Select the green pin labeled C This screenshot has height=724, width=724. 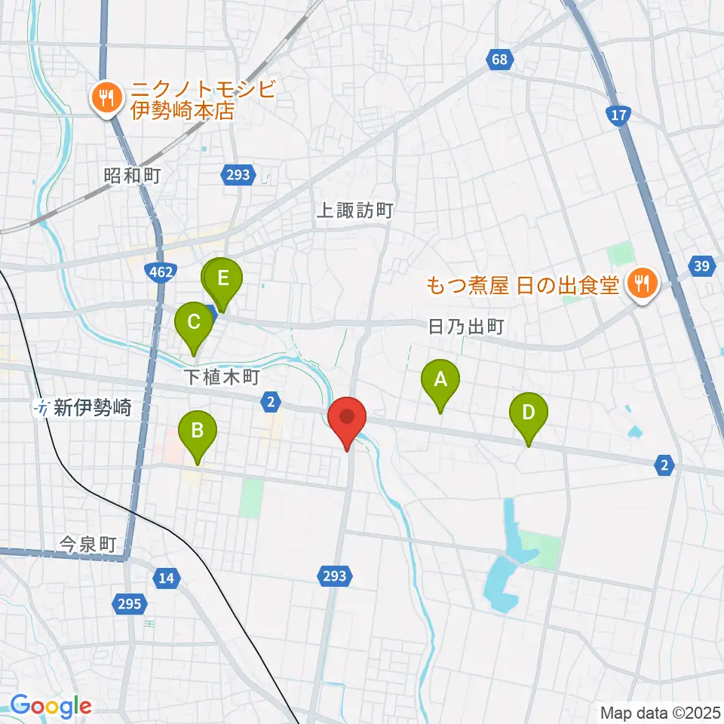(x=194, y=324)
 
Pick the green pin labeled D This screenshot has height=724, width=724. (x=529, y=414)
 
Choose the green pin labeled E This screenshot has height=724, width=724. (x=222, y=279)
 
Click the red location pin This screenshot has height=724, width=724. (x=347, y=417)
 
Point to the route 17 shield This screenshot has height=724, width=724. (x=617, y=115)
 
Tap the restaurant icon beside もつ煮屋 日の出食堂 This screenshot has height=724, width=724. (x=643, y=284)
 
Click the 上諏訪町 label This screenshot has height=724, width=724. (x=354, y=210)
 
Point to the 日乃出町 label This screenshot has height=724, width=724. (x=465, y=327)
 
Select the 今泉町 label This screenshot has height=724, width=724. (x=89, y=545)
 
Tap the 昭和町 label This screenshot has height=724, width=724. (x=133, y=176)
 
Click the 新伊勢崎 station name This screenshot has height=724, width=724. (x=94, y=409)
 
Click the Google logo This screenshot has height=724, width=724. (x=51, y=707)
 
